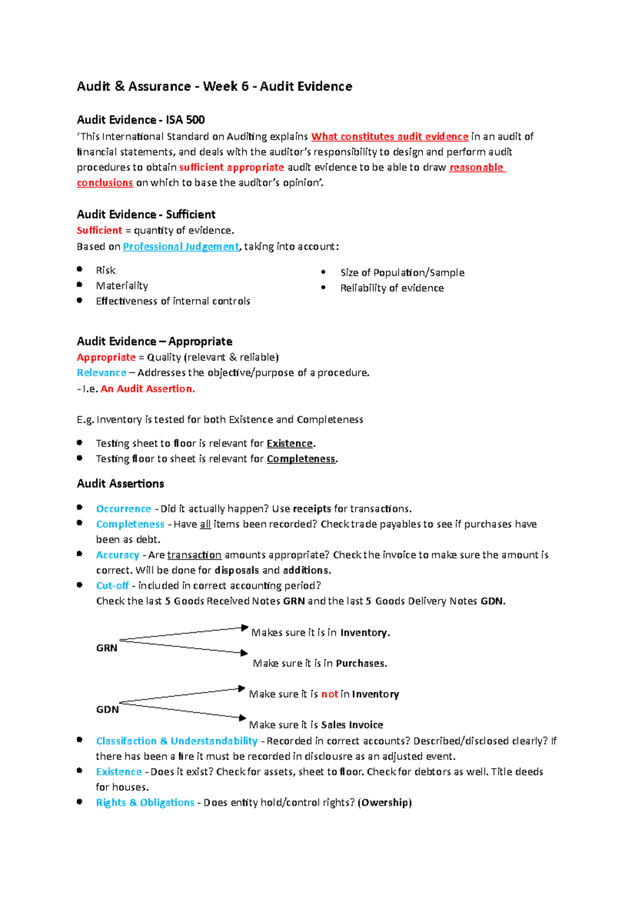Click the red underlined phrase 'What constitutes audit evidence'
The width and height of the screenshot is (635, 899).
(x=389, y=137)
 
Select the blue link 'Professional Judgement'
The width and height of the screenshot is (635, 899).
(x=181, y=247)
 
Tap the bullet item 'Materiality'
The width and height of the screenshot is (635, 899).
(x=122, y=286)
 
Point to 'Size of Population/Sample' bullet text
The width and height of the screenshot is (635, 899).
(x=402, y=273)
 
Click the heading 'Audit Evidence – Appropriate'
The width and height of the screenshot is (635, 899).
(x=155, y=341)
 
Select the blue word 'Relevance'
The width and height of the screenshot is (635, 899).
(x=102, y=373)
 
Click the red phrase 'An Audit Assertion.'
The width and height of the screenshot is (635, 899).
(x=148, y=389)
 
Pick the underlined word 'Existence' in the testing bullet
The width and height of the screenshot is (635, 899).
(x=289, y=444)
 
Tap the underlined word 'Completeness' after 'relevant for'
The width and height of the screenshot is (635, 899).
(x=301, y=459)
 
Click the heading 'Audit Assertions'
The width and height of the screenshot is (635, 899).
(x=120, y=483)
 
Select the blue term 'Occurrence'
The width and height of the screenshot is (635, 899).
(x=123, y=509)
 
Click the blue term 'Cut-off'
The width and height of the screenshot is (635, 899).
(x=112, y=586)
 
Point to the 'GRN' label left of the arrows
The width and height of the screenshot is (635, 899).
(x=106, y=648)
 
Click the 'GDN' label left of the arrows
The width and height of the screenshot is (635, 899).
(x=107, y=709)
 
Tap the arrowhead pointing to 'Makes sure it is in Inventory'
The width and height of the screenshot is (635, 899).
(x=244, y=628)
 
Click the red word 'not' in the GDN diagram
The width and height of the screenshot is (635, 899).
(x=329, y=694)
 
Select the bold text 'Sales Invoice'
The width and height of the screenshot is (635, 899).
(x=352, y=725)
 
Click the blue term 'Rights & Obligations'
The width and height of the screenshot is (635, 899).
(x=145, y=803)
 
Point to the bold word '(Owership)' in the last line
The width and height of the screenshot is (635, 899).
(x=385, y=803)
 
